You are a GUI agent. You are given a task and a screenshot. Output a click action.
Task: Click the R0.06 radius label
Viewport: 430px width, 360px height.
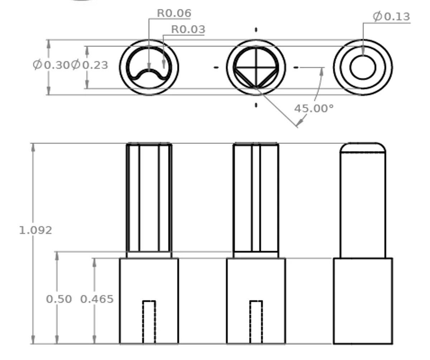tap(174, 13)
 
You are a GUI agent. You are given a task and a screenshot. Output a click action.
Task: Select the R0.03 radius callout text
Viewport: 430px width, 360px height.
tap(188, 29)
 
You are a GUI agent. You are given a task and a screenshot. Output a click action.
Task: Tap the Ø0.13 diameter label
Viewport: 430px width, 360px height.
tap(392, 16)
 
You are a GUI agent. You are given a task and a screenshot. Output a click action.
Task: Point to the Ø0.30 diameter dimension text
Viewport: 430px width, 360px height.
tap(52, 65)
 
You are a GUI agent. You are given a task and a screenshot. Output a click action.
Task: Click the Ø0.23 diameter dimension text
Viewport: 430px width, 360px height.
tap(89, 65)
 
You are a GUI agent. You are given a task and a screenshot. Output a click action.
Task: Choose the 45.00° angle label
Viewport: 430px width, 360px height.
tap(314, 109)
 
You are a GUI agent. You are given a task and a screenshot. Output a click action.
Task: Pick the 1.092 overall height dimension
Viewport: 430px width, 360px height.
tap(35, 230)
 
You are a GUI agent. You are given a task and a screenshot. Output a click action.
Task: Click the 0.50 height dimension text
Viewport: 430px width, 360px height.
tap(59, 299)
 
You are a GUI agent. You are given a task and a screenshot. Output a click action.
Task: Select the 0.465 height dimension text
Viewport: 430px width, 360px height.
tap(97, 299)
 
